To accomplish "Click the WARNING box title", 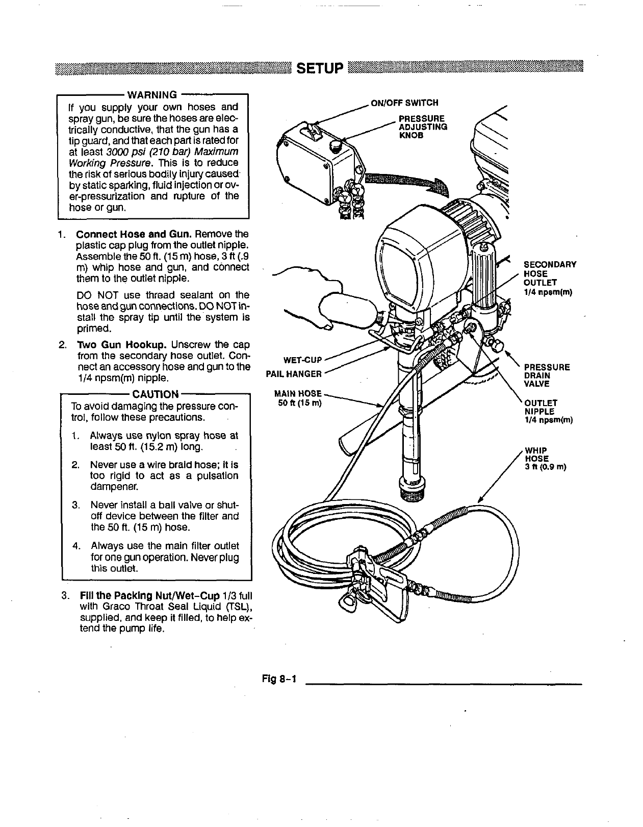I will click(151, 94).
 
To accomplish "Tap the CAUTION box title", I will click(155, 394).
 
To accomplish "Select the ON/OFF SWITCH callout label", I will click(404, 103).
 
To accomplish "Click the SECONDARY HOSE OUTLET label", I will click(550, 278).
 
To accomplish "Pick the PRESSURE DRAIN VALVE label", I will click(547, 375).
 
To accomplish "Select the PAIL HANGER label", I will click(294, 374).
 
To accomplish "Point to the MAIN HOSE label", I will click(298, 398).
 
